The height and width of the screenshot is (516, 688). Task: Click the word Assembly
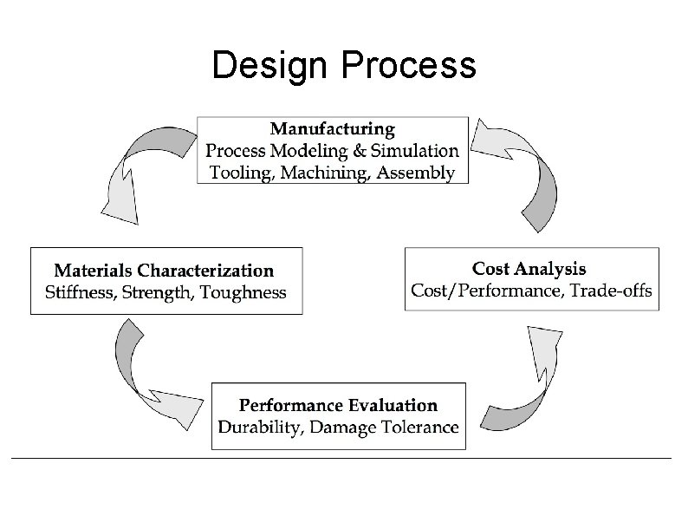click(415, 172)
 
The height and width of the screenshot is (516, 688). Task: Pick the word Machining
click(327, 172)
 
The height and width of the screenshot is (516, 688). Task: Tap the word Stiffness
click(81, 292)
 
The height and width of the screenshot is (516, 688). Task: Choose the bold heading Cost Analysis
click(529, 269)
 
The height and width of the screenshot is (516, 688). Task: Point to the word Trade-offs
click(612, 290)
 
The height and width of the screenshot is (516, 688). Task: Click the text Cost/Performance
click(485, 290)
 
